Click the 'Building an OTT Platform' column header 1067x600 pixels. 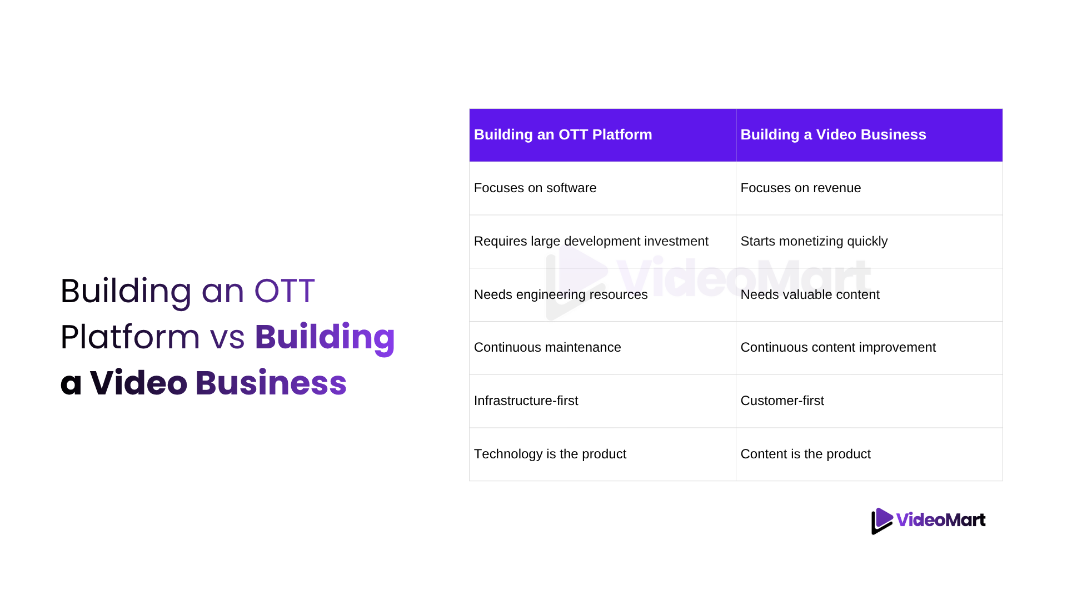[x=602, y=135]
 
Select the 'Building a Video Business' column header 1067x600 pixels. [x=869, y=135]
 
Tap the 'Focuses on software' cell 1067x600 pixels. [x=602, y=188]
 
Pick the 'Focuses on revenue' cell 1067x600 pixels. [x=869, y=188]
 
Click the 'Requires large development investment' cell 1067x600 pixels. [x=602, y=242]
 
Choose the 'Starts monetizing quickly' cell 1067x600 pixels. [x=869, y=242]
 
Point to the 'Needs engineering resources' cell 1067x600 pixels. [x=602, y=295]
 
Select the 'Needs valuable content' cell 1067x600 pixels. [x=869, y=295]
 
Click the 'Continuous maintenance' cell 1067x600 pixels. [x=602, y=348]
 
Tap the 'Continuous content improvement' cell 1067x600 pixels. [x=869, y=348]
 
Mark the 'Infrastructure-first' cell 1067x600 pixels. [x=602, y=401]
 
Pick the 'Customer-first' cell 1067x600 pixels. [x=869, y=401]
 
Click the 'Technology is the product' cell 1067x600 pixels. [x=602, y=454]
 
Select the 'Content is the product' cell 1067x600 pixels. [x=869, y=454]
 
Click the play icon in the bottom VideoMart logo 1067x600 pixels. [x=881, y=521]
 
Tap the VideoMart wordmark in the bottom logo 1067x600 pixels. [x=941, y=520]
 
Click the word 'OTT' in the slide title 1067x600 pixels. [x=285, y=291]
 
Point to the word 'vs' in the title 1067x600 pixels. [x=227, y=338]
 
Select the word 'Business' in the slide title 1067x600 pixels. [x=271, y=383]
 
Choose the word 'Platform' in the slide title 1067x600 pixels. [x=130, y=337]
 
